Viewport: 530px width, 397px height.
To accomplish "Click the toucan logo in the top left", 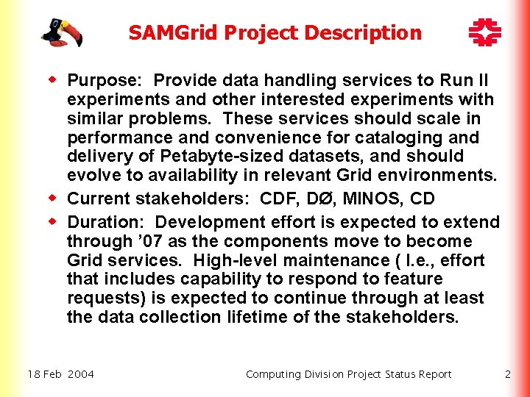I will click(x=61, y=32).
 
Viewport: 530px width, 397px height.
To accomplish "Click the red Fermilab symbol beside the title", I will click(x=485, y=32).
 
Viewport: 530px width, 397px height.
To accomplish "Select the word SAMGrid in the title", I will click(x=174, y=33).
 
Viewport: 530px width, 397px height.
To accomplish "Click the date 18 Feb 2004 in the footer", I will click(x=61, y=374).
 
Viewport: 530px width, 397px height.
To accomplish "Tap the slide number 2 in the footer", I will click(x=508, y=374).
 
